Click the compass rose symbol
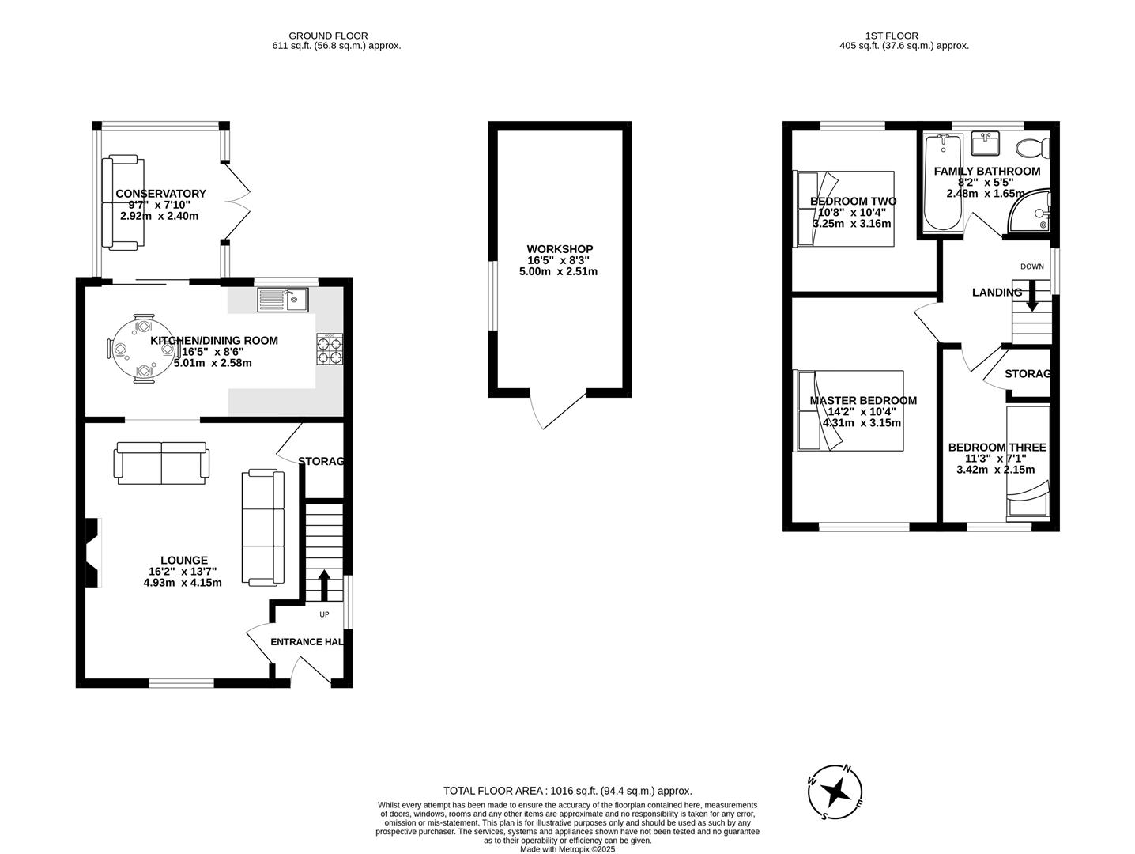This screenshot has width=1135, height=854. (x=836, y=792)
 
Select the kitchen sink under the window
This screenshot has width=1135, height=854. (x=282, y=300)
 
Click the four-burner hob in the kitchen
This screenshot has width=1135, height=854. (x=330, y=350)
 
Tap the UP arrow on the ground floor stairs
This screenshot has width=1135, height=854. (x=324, y=586)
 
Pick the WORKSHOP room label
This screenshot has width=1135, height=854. (x=560, y=249)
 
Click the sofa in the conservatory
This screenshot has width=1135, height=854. (x=123, y=203)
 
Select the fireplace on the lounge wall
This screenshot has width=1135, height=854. (x=93, y=553)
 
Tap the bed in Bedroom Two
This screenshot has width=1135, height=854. (x=844, y=210)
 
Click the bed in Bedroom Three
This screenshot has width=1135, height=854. (x=1028, y=463)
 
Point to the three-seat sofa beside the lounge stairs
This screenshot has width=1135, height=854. (x=262, y=527)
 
